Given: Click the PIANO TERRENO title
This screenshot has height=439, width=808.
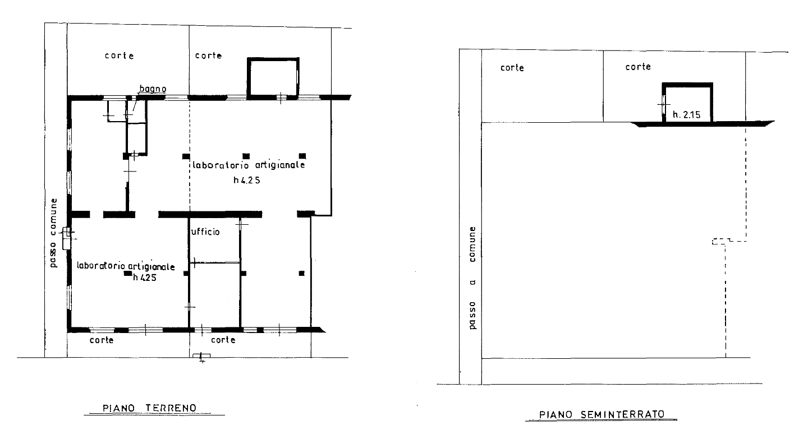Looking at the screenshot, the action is tap(150, 408).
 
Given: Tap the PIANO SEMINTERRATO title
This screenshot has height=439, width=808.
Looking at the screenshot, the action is tap(602, 414).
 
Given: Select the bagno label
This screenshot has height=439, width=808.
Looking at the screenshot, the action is tap(153, 89).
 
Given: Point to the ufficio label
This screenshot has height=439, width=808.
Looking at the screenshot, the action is tap(205, 232).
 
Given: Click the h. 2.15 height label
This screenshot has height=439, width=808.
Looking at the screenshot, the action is tap(686, 114).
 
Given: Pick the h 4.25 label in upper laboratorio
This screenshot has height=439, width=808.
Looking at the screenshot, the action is tap(247, 180).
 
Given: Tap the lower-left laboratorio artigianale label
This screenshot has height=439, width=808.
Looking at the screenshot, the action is tap(126, 266).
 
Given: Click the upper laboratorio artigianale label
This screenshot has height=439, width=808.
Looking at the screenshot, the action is tap(249, 165).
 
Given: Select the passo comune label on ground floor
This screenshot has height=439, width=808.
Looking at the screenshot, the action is tap(53, 233).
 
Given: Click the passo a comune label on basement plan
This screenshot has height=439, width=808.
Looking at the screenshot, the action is tap(472, 278).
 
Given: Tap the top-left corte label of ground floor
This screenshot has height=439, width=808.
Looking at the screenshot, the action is tap(120, 56).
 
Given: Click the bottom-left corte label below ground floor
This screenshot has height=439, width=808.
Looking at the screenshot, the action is tap(102, 340).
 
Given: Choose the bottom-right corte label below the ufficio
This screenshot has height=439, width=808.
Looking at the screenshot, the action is tap(223, 340).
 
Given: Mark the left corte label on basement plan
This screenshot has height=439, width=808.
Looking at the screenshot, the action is tap(512, 68).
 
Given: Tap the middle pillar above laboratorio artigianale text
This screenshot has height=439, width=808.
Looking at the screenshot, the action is tap(246, 156).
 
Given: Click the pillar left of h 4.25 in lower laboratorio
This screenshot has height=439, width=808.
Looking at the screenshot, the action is tap(127, 274).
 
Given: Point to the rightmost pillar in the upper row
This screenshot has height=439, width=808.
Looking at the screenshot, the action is tap(302, 156).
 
